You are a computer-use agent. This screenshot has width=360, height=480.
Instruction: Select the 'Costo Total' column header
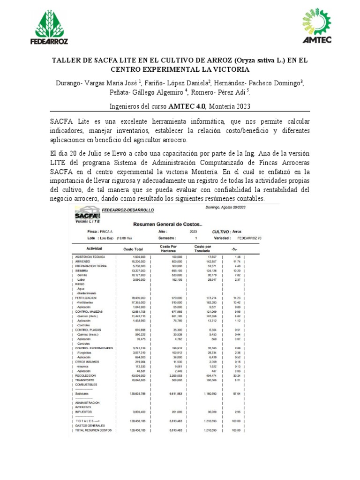pyautogui.click(x=133, y=248)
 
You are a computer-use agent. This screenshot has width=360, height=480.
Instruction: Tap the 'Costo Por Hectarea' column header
pyautogui.click(x=168, y=248)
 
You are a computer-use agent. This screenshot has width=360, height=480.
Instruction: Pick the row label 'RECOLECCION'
pyautogui.click(x=85, y=375)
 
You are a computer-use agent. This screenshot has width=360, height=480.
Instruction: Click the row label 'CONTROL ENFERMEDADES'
pyautogui.click(x=94, y=348)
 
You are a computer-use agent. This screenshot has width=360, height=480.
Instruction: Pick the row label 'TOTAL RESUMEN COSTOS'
pyautogui.click(x=93, y=430)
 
